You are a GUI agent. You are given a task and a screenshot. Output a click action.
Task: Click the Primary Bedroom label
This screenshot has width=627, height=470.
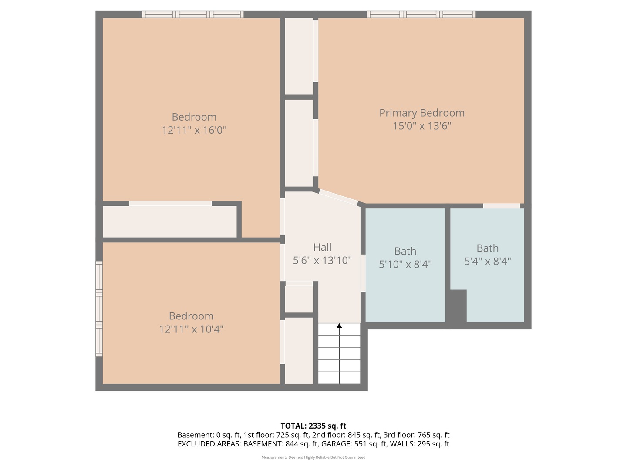pos(422,113)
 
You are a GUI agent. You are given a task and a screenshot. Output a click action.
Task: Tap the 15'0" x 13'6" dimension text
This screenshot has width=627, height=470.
pos(422,126)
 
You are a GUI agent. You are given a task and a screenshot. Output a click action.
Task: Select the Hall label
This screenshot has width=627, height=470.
pos(322,247)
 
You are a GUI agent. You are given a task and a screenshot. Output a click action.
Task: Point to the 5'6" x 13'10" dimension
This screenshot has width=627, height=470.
pos(322,260)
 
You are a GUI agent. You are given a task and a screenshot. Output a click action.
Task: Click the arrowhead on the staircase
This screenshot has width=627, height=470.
pos(339,326)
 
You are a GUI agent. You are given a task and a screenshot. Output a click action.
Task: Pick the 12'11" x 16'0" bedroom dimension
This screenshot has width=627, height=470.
pos(194,130)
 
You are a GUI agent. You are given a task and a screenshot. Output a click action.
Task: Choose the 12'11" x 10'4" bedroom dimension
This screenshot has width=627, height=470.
pos(191,329)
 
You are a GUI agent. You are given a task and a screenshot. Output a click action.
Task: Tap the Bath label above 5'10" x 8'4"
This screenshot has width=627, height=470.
pos(405,251)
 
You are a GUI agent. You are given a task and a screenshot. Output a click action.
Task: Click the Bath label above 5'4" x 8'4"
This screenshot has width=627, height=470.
pos(487,248)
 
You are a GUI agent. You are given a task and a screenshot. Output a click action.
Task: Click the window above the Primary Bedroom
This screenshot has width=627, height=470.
pos(421,14)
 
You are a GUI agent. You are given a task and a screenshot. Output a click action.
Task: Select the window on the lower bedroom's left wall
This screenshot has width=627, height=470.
pos(99,309)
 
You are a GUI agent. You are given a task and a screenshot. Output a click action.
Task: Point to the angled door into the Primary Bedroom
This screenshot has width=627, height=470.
pos(338,197)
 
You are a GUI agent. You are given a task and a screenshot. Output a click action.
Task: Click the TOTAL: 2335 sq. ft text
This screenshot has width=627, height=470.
pos(313,426)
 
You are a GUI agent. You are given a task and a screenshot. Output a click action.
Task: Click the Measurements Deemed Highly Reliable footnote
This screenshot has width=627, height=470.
pos(313,457)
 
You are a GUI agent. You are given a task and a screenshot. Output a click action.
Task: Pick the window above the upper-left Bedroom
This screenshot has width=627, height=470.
pos(193,14)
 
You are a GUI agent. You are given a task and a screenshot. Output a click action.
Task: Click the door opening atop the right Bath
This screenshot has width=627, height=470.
pos(502,206)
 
